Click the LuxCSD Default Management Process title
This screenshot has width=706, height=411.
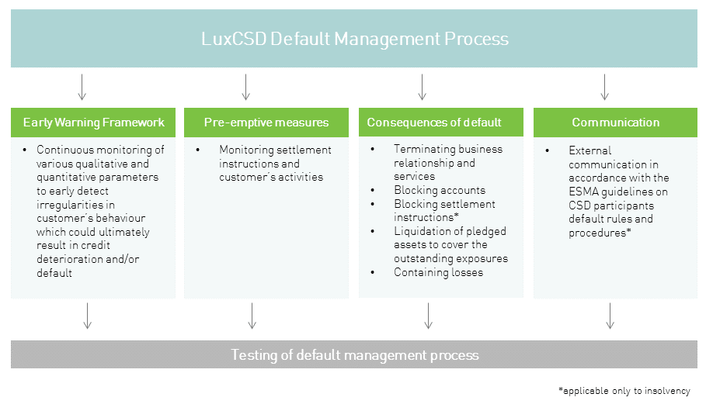tap(354, 39)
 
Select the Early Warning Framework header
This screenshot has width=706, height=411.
tap(93, 123)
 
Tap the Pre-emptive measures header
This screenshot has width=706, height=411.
tap(266, 123)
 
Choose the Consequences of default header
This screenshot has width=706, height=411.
tap(434, 123)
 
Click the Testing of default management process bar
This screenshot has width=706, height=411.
tap(354, 355)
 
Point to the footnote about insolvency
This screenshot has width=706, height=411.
tap(624, 391)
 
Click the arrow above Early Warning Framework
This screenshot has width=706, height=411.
tap(82, 87)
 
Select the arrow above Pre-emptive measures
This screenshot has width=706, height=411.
tap(245, 87)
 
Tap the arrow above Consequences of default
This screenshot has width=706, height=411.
tap(422, 87)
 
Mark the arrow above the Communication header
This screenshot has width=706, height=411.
tap(604, 87)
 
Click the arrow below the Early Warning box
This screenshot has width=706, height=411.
tap(87, 316)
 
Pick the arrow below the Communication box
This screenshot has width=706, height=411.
tap(610, 316)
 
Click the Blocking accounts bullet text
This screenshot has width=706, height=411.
tap(440, 190)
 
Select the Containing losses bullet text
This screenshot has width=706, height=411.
tap(438, 272)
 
